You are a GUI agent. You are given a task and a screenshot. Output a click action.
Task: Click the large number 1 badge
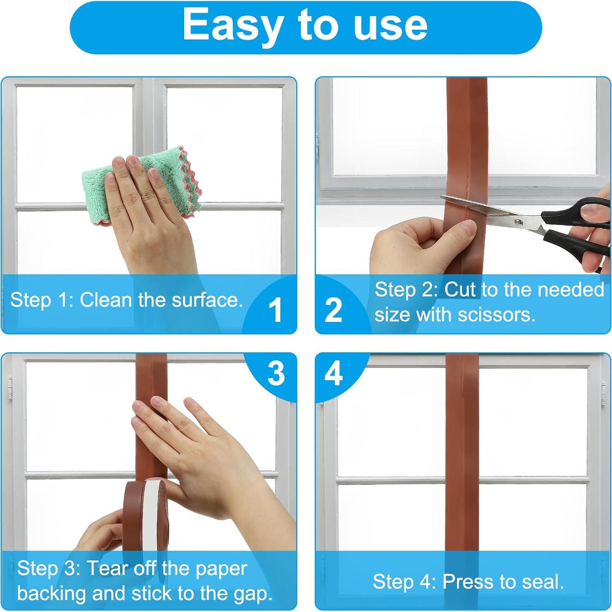(276, 310)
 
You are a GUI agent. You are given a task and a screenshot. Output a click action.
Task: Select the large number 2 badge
(333, 310)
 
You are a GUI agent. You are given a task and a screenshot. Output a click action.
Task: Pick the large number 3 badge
(276, 373)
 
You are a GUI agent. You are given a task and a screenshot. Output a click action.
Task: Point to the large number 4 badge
(333, 373)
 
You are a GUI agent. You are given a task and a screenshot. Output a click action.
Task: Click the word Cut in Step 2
(460, 290)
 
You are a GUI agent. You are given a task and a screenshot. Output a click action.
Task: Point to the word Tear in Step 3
(107, 569)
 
